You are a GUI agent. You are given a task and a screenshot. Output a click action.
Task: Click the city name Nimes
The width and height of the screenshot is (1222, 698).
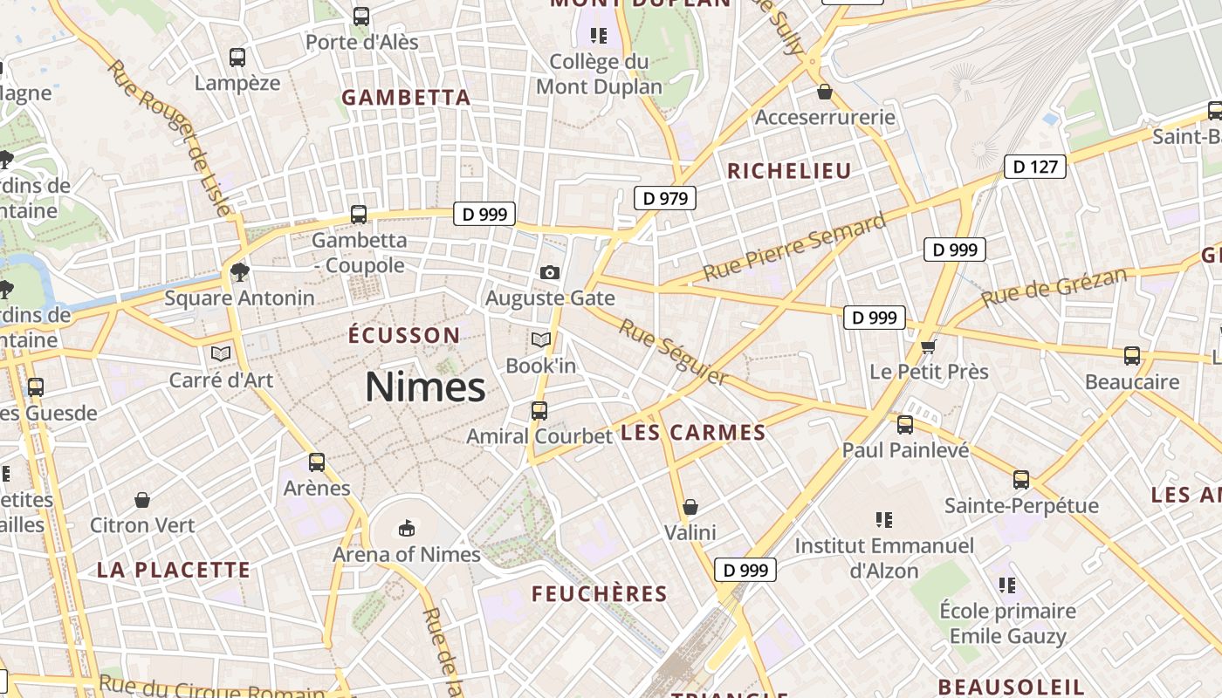[424, 387]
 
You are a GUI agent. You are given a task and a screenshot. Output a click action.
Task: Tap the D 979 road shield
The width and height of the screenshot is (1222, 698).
[665, 198]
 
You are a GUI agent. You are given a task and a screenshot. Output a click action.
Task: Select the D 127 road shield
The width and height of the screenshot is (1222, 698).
[1036, 166]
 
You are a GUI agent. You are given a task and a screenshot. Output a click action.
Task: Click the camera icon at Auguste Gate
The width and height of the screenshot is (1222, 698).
[549, 273]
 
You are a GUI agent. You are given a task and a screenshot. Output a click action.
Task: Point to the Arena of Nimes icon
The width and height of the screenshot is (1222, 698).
[407, 528]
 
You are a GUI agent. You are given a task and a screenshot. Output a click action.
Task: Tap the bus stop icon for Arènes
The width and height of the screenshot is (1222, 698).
[317, 462]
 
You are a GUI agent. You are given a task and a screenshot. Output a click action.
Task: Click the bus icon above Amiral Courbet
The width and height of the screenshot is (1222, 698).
[539, 410]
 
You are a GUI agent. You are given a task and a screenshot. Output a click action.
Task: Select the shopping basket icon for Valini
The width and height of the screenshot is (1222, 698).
[690, 507]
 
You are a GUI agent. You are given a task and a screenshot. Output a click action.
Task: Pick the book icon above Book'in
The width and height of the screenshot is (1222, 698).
[541, 339]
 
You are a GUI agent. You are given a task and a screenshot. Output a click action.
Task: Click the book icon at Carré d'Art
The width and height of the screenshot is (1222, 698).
[221, 353]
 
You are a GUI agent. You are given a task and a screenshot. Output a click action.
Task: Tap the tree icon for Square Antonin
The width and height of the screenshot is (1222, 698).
[239, 271]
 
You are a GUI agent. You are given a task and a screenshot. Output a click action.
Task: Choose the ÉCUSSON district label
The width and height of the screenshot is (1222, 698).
[403, 335]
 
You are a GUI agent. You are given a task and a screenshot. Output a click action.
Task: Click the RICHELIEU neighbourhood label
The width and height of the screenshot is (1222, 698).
[789, 171]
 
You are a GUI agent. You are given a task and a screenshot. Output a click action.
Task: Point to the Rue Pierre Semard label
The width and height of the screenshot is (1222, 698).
[794, 248]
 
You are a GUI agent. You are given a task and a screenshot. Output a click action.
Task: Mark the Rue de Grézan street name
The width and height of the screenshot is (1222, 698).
[1053, 288]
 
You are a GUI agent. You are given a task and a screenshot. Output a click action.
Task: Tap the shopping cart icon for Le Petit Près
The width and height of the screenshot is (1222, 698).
[928, 346]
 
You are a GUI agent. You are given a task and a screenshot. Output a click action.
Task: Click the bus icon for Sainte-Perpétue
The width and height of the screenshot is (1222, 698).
[1021, 479]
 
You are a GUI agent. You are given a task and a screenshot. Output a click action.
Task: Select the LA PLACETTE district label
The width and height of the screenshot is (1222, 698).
[174, 571]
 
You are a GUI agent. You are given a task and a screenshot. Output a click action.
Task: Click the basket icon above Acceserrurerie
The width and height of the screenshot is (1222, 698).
[825, 92]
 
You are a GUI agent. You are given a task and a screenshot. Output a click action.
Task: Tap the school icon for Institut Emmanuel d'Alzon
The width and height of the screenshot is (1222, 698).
[883, 520]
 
